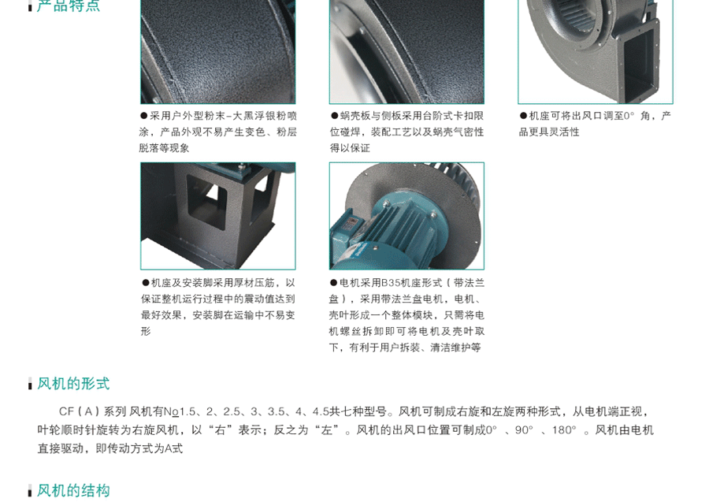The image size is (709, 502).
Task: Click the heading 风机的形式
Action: tap(73, 384)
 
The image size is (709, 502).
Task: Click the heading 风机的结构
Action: tap(73, 490)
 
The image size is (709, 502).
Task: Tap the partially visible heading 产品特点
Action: tap(69, 6)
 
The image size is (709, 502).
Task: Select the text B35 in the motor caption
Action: tap(391, 283)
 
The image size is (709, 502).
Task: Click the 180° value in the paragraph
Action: tap(564, 429)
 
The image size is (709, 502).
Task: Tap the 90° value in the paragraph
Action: tap(524, 429)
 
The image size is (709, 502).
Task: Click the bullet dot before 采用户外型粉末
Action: tap(144, 116)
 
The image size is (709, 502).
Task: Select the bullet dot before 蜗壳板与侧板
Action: tap(335, 116)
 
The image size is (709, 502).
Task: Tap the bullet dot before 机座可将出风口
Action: tap(524, 116)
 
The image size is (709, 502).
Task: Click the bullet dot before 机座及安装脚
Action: tap(146, 283)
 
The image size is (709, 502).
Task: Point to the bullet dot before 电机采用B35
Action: tap(334, 283)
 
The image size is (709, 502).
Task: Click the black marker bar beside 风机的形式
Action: tap(30, 384)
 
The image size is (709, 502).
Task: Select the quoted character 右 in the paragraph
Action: tap(220, 429)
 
